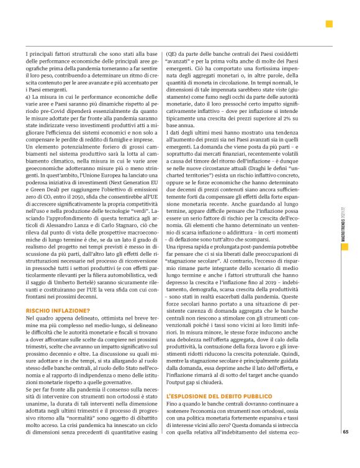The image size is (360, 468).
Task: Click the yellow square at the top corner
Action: point(329,24)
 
